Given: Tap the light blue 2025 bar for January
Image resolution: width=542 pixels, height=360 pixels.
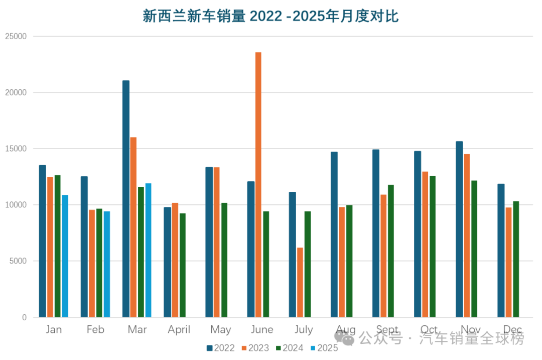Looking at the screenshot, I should (65, 256).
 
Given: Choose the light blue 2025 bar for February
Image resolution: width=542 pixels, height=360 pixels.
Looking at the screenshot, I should (107, 264).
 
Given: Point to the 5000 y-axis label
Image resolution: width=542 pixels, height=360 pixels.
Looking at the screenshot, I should (18, 261).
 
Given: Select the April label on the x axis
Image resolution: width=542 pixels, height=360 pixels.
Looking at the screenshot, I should (179, 330).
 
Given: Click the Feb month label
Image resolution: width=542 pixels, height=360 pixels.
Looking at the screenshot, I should (95, 330).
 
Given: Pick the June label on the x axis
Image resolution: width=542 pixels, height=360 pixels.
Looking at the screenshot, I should (262, 330).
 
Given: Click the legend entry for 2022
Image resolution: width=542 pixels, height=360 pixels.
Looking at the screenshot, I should (220, 348).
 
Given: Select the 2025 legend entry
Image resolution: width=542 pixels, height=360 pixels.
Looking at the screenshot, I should (324, 348).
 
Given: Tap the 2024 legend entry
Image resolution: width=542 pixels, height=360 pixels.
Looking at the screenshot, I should (289, 348).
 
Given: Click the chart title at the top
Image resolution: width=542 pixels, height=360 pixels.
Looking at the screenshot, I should (270, 16).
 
